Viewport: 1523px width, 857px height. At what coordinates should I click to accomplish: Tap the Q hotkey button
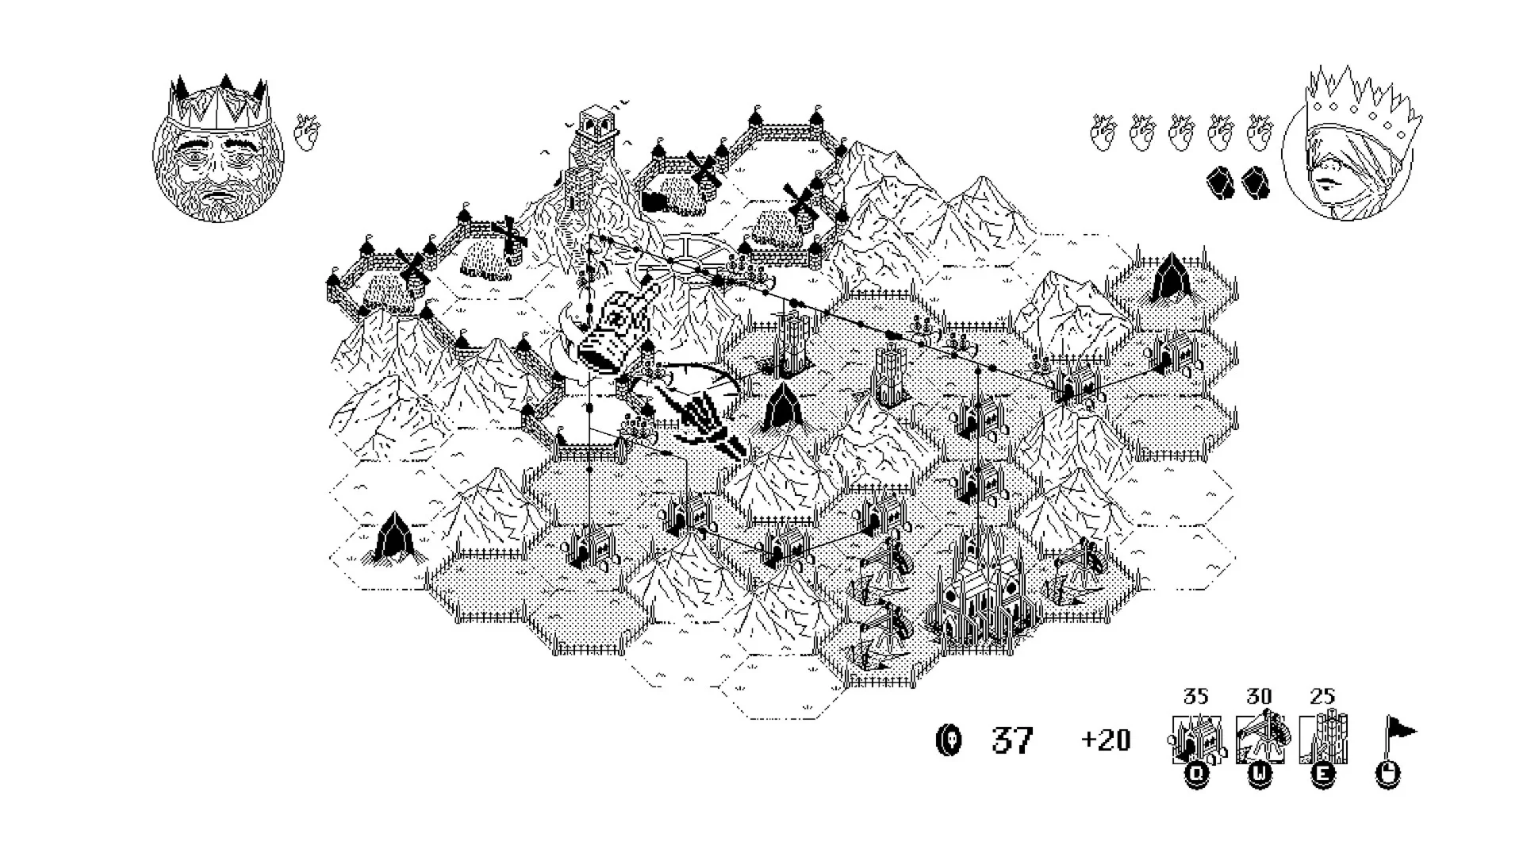click(1196, 775)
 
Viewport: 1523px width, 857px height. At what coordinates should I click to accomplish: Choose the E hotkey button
click(1322, 775)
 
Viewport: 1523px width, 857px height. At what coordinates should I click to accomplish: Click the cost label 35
click(1195, 697)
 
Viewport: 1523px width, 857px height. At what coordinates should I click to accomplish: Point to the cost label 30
click(1259, 697)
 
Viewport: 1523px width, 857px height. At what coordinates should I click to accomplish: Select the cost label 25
click(1322, 697)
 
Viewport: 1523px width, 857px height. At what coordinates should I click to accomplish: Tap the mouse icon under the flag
click(1387, 775)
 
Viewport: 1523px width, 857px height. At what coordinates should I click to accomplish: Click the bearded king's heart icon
click(307, 133)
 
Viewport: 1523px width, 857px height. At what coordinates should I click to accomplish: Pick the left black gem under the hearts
click(1221, 182)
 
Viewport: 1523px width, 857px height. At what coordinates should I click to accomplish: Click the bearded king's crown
click(220, 102)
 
